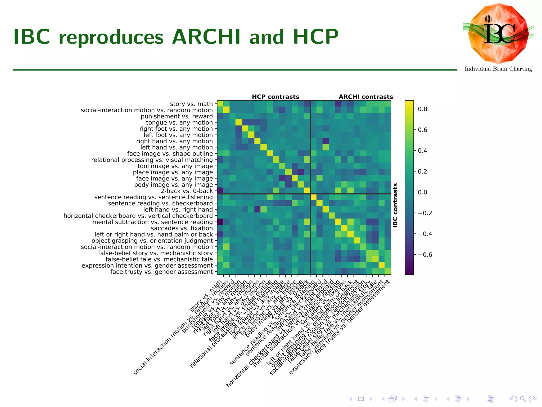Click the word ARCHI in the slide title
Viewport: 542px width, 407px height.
(206, 37)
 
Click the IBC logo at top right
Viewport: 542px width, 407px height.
(498, 34)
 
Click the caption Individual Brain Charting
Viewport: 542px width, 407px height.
(498, 69)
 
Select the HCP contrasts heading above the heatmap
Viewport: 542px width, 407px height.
(275, 97)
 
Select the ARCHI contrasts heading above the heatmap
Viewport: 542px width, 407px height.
(366, 97)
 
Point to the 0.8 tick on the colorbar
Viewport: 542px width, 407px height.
(422, 109)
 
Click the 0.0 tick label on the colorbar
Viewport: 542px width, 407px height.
(422, 192)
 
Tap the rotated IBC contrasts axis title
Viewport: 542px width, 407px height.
(395, 205)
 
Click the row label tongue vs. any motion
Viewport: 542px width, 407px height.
(179, 122)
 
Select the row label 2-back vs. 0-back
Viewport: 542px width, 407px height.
(187, 191)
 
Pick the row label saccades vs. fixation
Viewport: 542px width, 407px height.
(182, 228)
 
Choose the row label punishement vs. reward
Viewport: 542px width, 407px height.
(177, 116)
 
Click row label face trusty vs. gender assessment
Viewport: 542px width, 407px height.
(161, 272)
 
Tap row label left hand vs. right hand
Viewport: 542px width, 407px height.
(178, 210)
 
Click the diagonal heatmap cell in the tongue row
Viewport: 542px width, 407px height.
(239, 122)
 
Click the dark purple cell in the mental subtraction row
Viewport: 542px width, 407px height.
(220, 222)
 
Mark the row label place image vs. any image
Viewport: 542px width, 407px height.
(173, 172)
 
